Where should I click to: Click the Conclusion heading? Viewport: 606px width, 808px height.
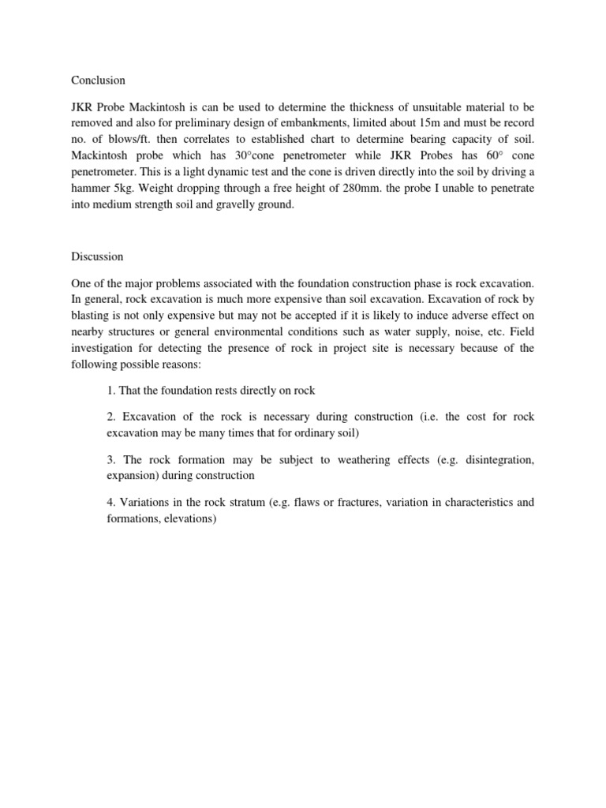click(98, 80)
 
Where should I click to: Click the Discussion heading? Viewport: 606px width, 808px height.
click(98, 256)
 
